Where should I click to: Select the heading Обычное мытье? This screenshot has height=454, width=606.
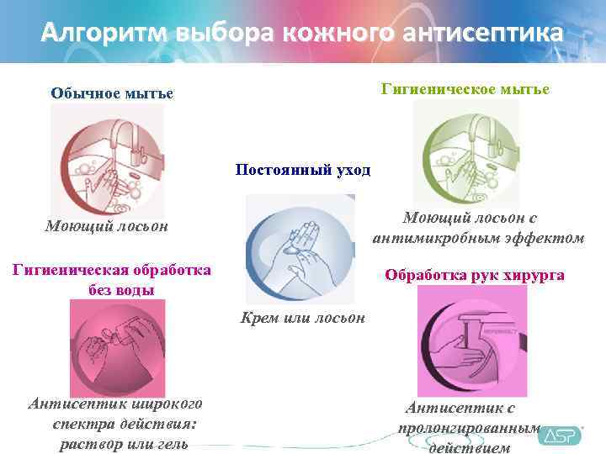coord(112,92)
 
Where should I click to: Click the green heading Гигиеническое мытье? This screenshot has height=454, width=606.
coord(466,88)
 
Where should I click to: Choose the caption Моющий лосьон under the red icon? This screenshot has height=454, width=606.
coord(106,226)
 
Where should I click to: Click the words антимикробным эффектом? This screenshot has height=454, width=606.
coord(478,238)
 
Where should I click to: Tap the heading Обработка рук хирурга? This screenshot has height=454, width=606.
coord(475,275)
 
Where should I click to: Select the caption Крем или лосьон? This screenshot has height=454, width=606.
coord(303,318)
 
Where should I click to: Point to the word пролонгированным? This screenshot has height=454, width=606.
coord(469,428)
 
